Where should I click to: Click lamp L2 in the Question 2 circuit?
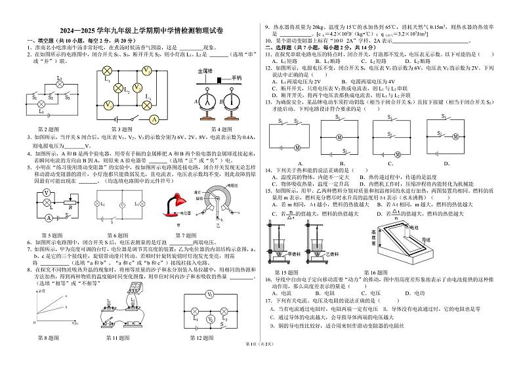coord(60,81)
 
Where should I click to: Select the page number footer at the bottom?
coord(260,362)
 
